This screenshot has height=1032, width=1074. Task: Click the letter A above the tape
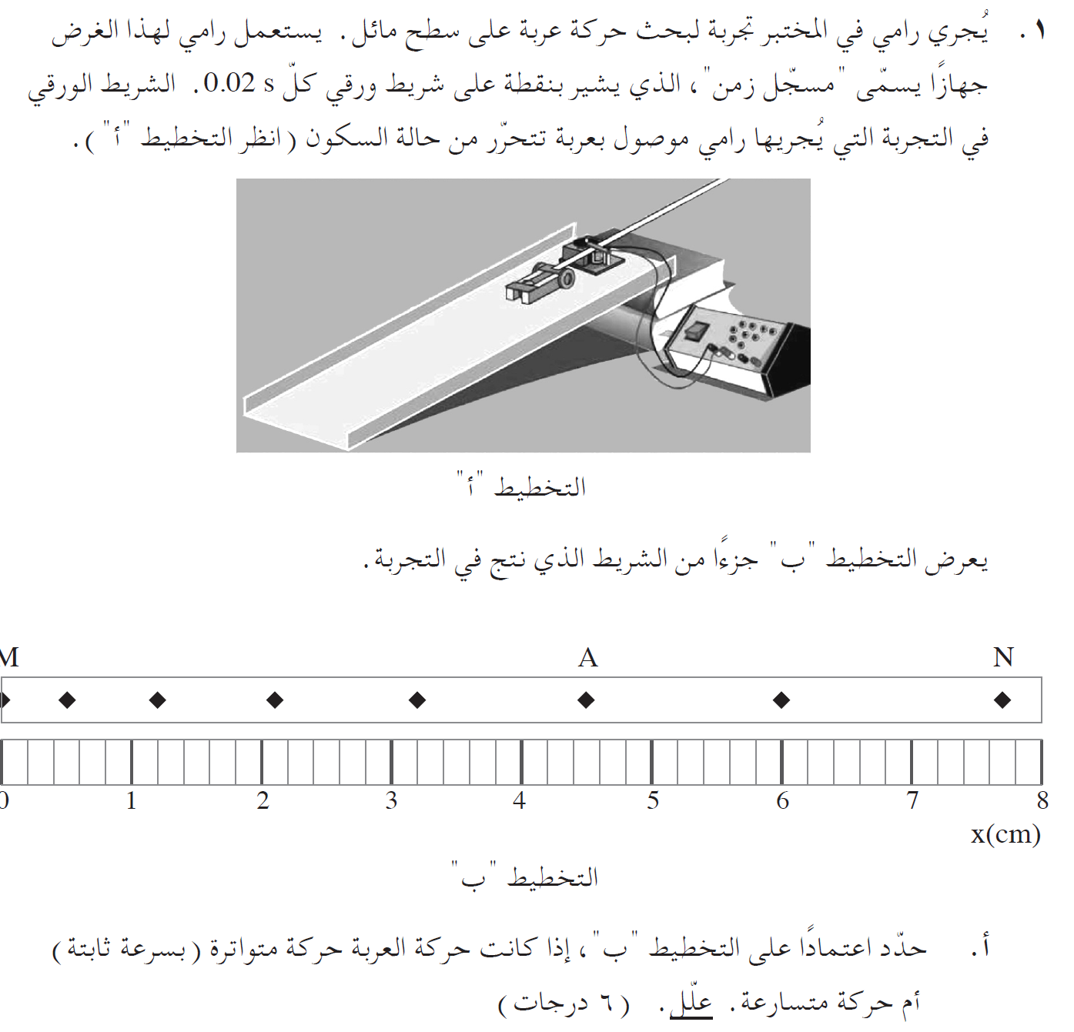[588, 658]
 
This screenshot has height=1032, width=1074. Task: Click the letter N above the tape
[1003, 657]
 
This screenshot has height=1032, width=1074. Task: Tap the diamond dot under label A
[587, 700]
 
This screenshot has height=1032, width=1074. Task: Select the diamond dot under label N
[1002, 700]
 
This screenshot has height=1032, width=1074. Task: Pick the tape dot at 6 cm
[781, 700]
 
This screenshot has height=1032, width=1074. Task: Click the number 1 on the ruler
[132, 801]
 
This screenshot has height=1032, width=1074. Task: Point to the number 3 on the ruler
[392, 801]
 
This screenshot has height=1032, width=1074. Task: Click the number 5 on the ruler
[653, 801]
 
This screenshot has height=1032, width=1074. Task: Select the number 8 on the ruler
[1042, 801]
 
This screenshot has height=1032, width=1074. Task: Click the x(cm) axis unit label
[1005, 834]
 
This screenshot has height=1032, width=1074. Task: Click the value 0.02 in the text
[229, 83]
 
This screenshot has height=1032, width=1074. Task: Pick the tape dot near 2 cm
[275, 700]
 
